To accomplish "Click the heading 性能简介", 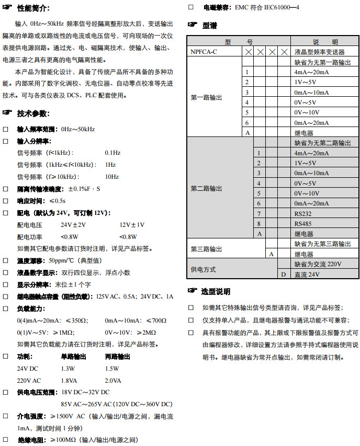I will click(33, 8).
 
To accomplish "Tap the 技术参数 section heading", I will click(33, 113).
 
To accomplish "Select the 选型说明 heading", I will click(216, 291).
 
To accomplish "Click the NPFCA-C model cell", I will click(204, 52).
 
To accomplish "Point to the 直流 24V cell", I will click(307, 274).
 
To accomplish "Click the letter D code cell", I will click(283, 274).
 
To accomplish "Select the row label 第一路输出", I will click(206, 97).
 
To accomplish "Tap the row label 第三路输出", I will click(206, 249).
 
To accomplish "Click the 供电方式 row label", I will click(204, 269).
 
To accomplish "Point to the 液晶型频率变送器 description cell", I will click(319, 52).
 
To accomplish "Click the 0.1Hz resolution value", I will click(113, 153).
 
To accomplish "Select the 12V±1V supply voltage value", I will click(132, 224).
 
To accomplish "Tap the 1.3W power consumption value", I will click(69, 368).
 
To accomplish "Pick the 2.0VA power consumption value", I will click(113, 380).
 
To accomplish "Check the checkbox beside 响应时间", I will click(6, 201).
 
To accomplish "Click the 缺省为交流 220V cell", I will click(318, 264).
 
